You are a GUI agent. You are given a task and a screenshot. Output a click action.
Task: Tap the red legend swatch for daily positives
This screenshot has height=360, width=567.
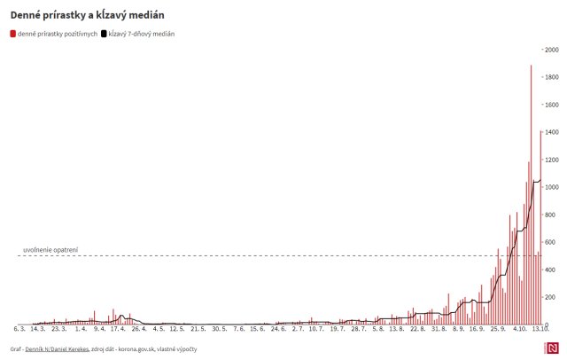(13, 34)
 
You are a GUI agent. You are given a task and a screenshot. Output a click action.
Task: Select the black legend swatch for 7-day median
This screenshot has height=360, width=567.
(105, 34)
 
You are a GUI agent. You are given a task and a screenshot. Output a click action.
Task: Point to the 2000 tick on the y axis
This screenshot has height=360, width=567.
(551, 50)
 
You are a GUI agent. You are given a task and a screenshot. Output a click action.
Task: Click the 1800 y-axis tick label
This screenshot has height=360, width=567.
(551, 77)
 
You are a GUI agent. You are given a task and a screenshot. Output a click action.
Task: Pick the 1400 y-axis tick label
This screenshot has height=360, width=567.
(551, 132)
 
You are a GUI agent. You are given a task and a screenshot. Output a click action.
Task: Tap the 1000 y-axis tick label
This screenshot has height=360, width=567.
(551, 187)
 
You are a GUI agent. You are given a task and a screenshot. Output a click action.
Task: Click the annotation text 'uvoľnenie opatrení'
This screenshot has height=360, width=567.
(50, 250)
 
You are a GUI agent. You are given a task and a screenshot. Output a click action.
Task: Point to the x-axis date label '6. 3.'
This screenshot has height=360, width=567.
(19, 329)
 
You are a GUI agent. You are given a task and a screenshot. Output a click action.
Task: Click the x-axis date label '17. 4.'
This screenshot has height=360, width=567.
(118, 329)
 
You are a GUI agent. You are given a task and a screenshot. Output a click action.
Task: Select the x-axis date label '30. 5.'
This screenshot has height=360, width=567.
(219, 329)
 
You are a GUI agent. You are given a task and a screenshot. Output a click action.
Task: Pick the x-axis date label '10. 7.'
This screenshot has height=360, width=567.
(316, 329)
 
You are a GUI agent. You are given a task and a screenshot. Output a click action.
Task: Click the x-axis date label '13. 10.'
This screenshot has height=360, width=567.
(536, 329)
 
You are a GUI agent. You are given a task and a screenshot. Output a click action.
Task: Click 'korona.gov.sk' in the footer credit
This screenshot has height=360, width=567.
(147, 349)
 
